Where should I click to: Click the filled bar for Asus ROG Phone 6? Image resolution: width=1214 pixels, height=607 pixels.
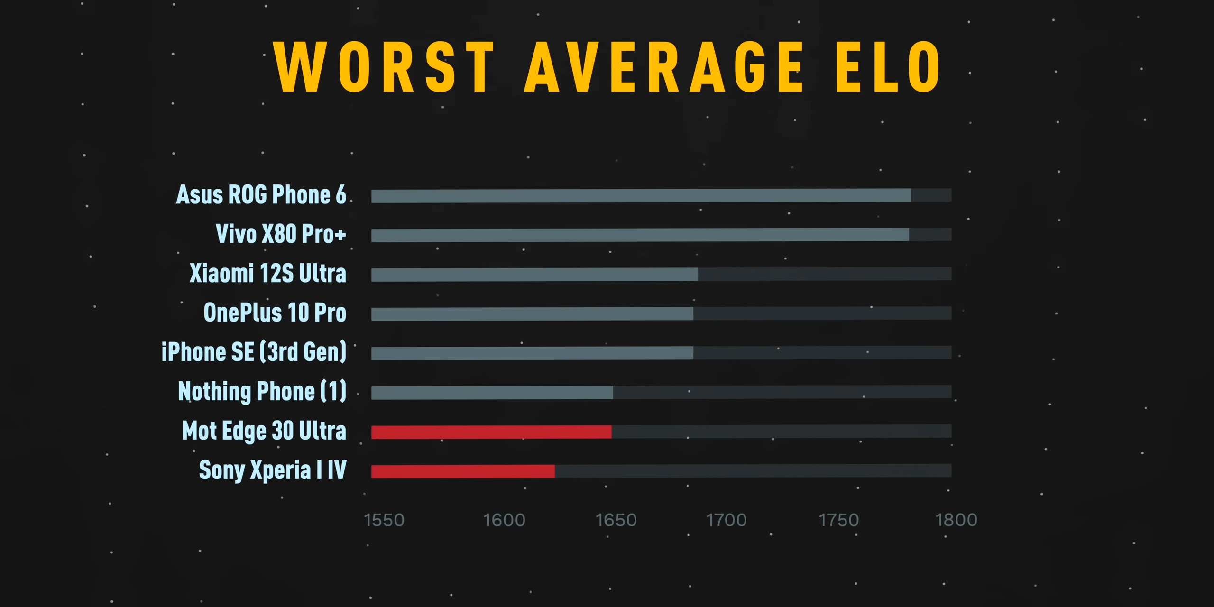click(x=640, y=195)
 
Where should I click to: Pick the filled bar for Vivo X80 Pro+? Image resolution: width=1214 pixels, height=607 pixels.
click(x=640, y=235)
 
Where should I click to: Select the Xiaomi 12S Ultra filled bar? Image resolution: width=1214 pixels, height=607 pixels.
click(x=534, y=274)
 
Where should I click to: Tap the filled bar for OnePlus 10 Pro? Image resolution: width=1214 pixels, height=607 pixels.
click(x=532, y=313)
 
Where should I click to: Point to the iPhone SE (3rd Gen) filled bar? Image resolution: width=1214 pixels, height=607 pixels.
click(x=532, y=353)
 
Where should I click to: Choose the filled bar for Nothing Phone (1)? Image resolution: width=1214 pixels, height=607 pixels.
click(x=492, y=392)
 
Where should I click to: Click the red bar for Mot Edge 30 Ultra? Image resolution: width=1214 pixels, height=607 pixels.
click(x=491, y=432)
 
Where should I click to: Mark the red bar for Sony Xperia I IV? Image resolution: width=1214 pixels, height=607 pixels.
click(x=463, y=471)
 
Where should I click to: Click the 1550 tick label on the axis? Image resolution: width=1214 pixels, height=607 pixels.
click(x=384, y=520)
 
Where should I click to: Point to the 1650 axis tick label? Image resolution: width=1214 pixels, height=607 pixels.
click(x=616, y=520)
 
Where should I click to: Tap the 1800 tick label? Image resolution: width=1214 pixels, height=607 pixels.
click(x=956, y=520)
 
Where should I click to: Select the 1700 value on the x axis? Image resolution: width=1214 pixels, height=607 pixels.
click(x=727, y=520)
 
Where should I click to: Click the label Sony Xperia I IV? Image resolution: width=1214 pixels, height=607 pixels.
click(x=273, y=470)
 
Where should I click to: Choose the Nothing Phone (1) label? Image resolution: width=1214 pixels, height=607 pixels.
click(x=262, y=391)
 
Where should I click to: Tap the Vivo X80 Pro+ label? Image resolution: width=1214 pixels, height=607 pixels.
click(x=281, y=234)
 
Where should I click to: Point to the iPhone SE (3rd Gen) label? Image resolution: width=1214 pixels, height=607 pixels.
click(x=254, y=352)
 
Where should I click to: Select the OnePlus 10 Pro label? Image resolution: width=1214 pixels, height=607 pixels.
click(x=275, y=313)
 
